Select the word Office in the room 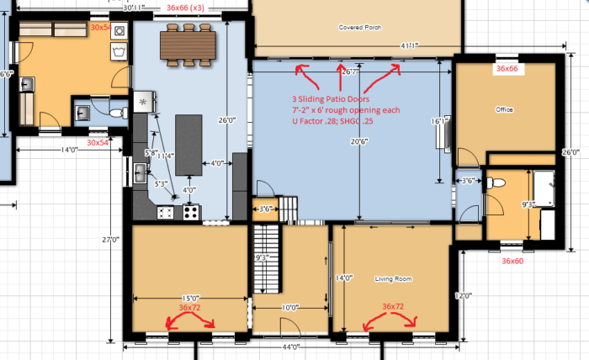(504, 110)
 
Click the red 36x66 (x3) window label (190, 7)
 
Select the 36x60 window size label (512, 262)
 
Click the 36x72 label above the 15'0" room (190, 308)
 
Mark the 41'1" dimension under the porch (411, 45)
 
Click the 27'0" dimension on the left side (109, 240)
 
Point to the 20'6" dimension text (359, 141)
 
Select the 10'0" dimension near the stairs (289, 308)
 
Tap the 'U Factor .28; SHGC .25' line (326, 122)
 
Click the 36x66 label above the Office (508, 67)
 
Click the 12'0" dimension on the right (458, 295)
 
